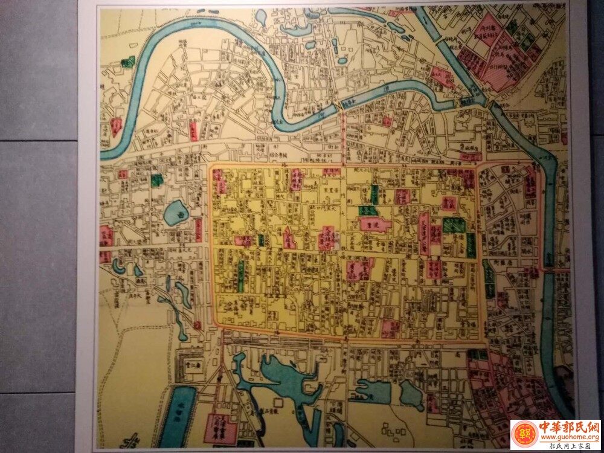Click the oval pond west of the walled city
(x=176, y=213)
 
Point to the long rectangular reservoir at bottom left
(x=178, y=417)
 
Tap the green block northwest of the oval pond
(x=157, y=179)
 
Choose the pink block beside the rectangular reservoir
(x=220, y=428)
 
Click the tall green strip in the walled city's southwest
(x=240, y=275)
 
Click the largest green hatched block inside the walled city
(x=454, y=225)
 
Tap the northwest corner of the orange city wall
(x=211, y=167)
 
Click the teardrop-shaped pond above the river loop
(x=261, y=16)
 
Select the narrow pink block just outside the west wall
(x=198, y=230)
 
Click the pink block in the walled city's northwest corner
(x=218, y=181)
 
